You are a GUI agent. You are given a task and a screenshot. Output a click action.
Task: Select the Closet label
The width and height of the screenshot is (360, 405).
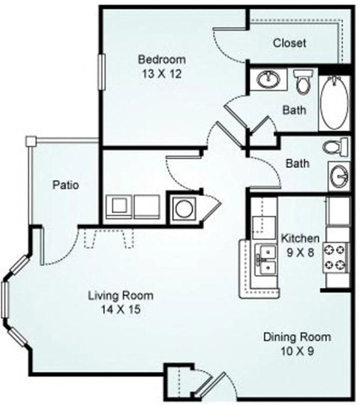pyautogui.click(x=289, y=43)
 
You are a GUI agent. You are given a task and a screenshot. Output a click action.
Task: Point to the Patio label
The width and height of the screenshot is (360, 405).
pyautogui.click(x=66, y=184)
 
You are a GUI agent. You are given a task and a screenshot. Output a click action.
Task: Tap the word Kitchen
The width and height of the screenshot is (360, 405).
pyautogui.click(x=300, y=238)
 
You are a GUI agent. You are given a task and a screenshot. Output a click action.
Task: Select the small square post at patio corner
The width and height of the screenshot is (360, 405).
pyautogui.click(x=30, y=142)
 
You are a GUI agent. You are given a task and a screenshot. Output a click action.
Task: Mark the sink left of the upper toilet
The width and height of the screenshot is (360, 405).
pyautogui.click(x=267, y=79)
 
